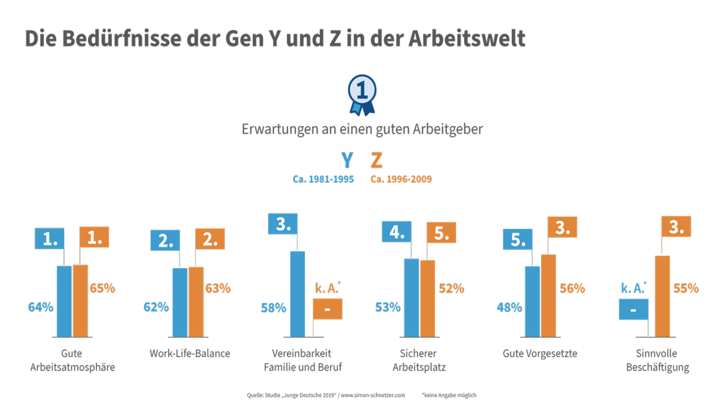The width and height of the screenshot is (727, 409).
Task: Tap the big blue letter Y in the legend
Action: click(347, 161)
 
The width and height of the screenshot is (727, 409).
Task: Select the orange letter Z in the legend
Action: click(376, 161)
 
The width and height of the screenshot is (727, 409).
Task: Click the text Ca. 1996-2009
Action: click(401, 179)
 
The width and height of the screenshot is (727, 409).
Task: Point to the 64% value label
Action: click(41, 307)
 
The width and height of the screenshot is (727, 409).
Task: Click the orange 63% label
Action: click(218, 288)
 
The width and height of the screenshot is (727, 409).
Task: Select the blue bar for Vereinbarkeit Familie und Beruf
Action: click(297, 294)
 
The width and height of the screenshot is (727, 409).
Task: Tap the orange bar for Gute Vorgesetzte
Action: click(548, 296)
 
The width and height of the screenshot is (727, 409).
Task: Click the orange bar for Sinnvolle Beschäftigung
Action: click(662, 296)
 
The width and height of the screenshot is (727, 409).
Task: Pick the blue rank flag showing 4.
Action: click(396, 231)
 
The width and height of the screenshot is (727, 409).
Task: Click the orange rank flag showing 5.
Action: click(441, 233)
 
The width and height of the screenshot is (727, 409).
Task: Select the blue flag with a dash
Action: click(633, 309)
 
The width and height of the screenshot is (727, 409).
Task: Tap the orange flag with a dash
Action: click(328, 309)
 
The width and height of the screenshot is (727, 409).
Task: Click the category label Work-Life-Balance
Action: click(190, 353)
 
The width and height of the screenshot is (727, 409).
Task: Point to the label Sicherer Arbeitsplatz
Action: click(419, 360)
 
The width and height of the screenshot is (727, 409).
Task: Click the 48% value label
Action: click(509, 307)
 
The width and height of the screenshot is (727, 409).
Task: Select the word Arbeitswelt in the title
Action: click(466, 38)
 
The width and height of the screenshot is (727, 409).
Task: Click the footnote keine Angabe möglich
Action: click(449, 395)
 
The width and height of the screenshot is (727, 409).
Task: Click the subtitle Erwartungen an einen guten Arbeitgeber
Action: click(362, 129)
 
